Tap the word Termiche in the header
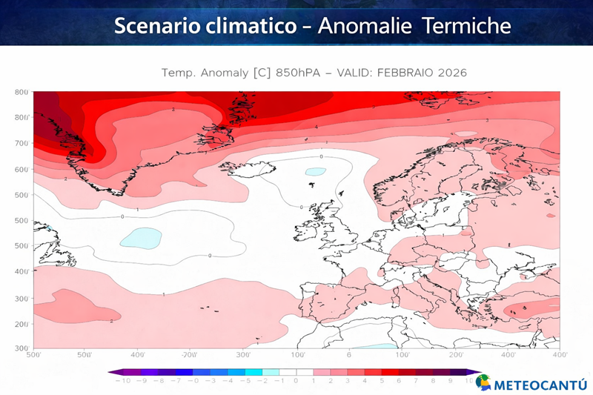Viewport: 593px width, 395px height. click(x=466, y=26)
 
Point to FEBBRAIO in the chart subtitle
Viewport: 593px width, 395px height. click(x=402, y=73)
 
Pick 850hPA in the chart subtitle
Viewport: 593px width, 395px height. click(x=301, y=73)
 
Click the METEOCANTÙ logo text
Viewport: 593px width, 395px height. click(x=540, y=385)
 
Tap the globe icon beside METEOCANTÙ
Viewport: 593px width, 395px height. click(x=483, y=382)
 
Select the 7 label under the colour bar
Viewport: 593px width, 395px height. click(x=415, y=380)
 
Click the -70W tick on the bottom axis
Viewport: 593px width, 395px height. click(x=190, y=355)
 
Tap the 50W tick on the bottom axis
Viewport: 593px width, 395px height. click(x=85, y=355)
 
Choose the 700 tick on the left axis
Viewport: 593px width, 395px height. click(x=21, y=143)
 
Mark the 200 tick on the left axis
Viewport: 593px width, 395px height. click(x=21, y=325)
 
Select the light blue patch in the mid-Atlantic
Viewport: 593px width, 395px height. click(x=140, y=238)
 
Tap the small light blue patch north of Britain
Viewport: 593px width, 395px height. click(x=316, y=171)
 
